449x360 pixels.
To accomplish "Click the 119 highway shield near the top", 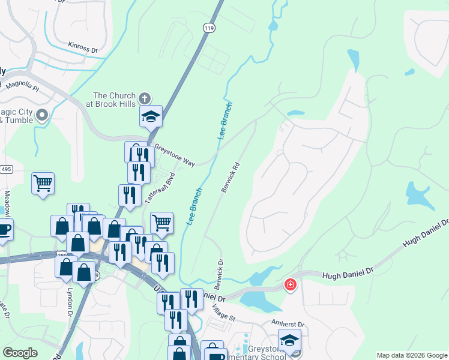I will coord(208,28).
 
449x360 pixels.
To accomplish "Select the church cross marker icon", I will coord(145,98).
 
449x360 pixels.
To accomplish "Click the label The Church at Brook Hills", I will coord(114,100).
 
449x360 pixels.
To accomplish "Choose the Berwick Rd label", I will coord(231,177).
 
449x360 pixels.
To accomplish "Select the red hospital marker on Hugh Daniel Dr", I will coord(291,284).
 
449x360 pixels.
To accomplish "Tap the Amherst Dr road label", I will coord(288,325).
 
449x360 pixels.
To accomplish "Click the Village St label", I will coord(223,313).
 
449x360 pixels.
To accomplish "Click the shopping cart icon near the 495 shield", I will coord(43,182).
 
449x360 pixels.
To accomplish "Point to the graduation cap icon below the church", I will coord(151,116).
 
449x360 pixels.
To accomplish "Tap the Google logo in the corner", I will coord(20,353).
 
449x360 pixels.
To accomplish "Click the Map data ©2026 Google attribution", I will coord(411,355).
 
